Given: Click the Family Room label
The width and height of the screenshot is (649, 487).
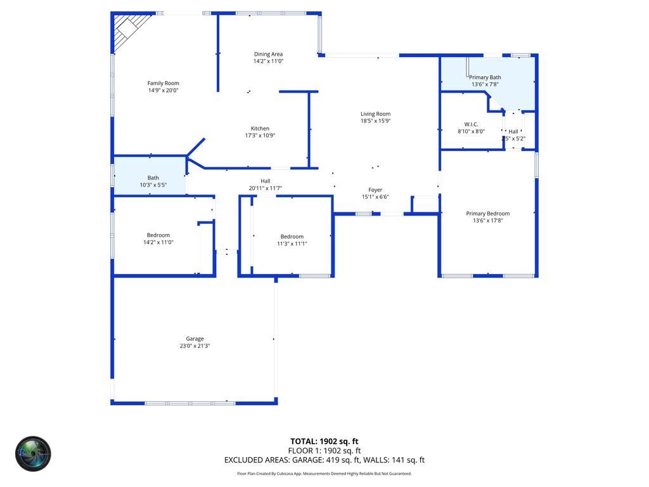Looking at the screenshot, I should pos(163,83).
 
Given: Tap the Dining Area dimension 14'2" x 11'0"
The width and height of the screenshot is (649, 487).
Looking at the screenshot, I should pos(268,62).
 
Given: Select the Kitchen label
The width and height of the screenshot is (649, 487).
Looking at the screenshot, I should pos(260,129).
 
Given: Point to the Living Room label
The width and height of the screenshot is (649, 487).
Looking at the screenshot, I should pos(375,114).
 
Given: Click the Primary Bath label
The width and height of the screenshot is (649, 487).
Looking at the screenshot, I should pos(485,77).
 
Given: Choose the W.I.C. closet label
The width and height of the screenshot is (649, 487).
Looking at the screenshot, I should pos(471,124).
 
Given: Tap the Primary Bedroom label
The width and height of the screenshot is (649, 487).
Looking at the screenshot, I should pos(487,214).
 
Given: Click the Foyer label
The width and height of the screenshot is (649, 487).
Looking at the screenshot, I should pos(375,190).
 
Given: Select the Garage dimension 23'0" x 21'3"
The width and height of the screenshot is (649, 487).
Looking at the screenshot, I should pos(195,346).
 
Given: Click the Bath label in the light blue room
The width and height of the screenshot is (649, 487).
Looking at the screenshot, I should pos(153,178).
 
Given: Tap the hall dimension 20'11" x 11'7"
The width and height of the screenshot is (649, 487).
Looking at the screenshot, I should pos(265,188).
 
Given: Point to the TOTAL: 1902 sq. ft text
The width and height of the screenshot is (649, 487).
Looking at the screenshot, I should pos(324,441).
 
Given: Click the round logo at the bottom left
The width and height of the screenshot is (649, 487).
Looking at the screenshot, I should pos(33,453).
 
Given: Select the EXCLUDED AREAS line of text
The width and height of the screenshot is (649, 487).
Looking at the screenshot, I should pos(324,460).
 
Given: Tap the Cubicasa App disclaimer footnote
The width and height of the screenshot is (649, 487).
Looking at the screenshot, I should pos(324,474).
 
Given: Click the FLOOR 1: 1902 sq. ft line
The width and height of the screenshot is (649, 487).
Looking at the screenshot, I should pos(324,451).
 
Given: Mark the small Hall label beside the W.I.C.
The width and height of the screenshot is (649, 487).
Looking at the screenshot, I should pos(513,131).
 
